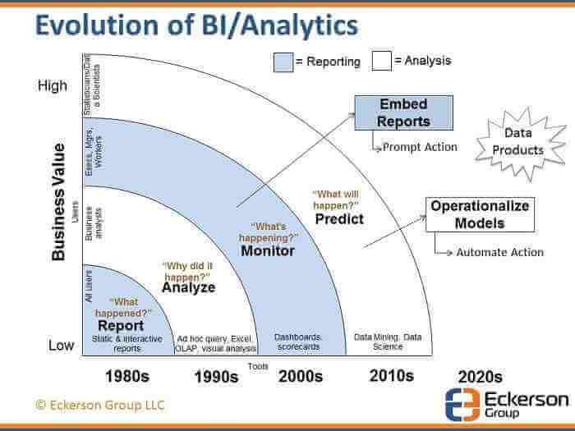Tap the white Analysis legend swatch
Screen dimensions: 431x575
pos(381,62)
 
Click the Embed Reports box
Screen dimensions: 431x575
pos(404,113)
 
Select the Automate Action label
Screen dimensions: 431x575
pos(499,252)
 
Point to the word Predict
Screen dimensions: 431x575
pos(338,219)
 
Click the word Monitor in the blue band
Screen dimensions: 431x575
pos(268,250)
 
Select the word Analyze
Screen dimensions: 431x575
pos(188,287)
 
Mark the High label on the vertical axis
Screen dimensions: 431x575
pos(53,85)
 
